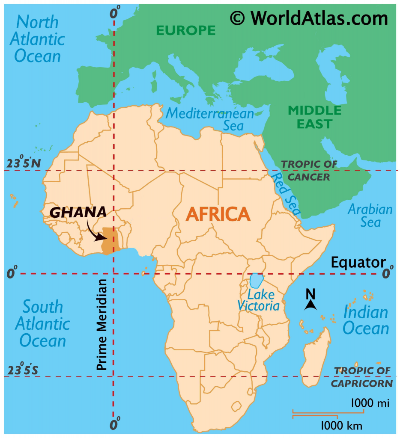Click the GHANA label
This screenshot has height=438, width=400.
78,212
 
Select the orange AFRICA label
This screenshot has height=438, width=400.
218,214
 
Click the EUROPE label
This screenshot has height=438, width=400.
185,30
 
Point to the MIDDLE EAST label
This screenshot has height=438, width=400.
315,117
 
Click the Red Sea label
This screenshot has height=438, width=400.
286,194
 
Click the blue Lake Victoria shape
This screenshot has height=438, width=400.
257,281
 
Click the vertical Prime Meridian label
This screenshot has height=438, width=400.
101,325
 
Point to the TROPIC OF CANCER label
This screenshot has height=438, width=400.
309,170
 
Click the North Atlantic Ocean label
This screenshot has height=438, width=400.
38,38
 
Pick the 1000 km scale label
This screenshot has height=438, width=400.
341,426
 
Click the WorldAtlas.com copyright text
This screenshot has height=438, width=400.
309,18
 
